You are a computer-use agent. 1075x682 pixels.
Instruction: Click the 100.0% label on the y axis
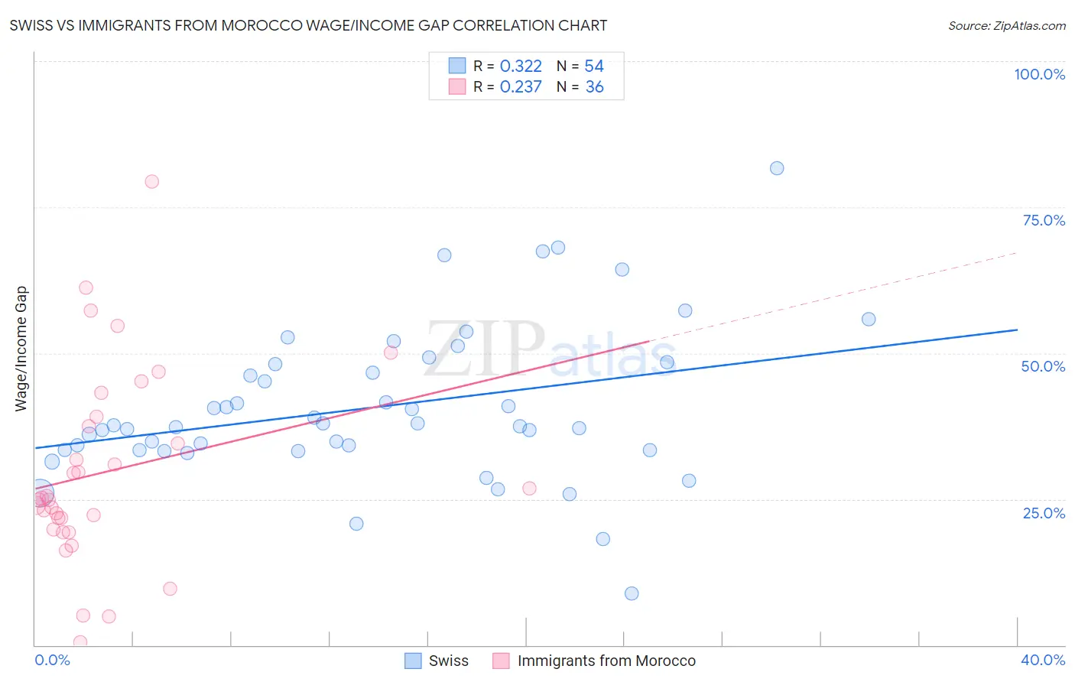1039,74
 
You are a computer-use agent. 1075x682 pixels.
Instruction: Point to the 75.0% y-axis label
1044,220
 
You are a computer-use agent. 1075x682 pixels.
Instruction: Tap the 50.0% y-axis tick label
1043,366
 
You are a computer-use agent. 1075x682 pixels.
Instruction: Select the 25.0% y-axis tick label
1044,513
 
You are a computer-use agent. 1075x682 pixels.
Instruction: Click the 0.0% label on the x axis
52,660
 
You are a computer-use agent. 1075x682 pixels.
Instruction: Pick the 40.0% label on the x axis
1042,660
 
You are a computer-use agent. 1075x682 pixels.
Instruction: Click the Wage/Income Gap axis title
21,349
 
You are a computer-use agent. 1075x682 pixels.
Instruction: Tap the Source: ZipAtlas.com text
1006,25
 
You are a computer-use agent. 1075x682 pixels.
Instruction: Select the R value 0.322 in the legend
521,67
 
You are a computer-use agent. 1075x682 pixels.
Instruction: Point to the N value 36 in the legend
594,87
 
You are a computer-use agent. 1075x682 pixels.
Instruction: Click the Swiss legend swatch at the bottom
413,661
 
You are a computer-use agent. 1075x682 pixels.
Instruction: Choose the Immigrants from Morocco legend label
606,661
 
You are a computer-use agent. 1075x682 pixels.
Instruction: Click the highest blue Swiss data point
777,168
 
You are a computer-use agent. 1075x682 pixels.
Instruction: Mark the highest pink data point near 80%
151,181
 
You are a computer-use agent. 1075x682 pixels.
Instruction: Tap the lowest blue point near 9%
632,593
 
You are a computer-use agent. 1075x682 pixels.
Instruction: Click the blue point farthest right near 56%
869,320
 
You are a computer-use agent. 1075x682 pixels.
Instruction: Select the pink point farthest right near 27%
529,489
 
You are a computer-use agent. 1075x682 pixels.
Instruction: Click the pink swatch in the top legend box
457,86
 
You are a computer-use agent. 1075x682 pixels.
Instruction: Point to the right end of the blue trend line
1017,330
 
